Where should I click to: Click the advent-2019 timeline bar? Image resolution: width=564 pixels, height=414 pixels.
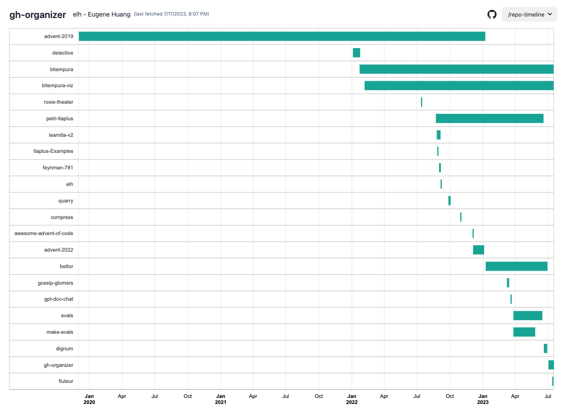281,36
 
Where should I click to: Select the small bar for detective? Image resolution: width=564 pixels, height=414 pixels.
356,53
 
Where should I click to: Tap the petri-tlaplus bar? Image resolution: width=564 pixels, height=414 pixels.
489,118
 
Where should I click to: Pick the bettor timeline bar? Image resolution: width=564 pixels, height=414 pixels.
516,266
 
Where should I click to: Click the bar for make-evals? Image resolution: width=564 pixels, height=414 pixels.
524,332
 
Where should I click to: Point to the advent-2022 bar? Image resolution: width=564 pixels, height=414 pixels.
478,250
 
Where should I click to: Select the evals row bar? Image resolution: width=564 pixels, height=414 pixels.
527,315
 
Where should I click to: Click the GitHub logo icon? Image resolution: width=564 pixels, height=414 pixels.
492,15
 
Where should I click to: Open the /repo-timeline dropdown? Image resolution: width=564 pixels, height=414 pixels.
529,15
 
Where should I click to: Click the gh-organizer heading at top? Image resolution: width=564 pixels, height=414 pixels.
38,15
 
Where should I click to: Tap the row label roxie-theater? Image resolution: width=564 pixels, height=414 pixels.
58,102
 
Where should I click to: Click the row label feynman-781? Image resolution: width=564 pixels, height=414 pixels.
58,168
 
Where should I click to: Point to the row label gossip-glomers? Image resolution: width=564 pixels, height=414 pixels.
55,283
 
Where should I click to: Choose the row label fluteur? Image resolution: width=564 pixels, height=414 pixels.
66,381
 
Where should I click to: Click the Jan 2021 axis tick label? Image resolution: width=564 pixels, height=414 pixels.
221,399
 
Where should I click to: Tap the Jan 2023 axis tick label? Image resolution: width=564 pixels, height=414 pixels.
483,399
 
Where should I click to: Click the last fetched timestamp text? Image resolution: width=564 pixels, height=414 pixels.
172,14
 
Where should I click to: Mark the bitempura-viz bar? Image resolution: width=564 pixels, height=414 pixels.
459,86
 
